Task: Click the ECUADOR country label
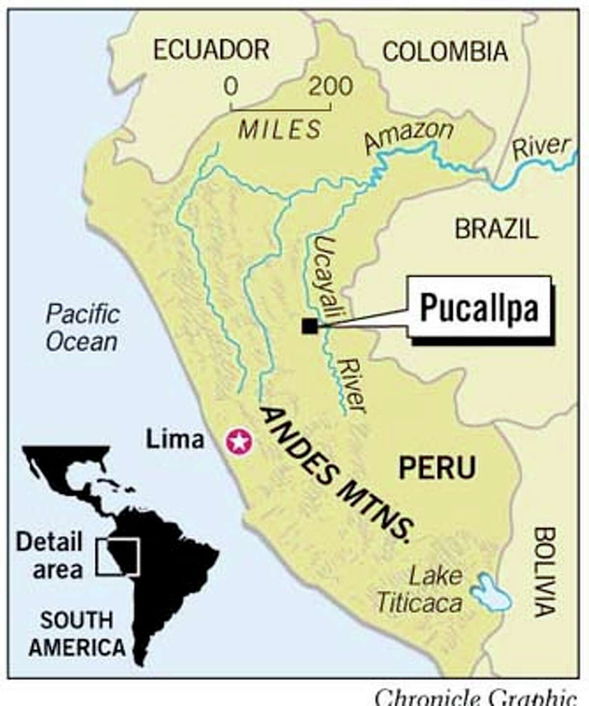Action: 211,50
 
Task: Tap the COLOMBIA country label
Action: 445,51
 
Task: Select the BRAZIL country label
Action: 496,229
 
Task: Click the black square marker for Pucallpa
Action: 309,326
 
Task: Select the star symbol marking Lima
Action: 239,442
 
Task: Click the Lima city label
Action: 175,439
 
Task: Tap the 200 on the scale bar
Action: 331,86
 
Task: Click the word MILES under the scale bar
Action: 280,129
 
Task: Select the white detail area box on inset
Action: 118,557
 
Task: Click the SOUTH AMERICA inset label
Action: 77,634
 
